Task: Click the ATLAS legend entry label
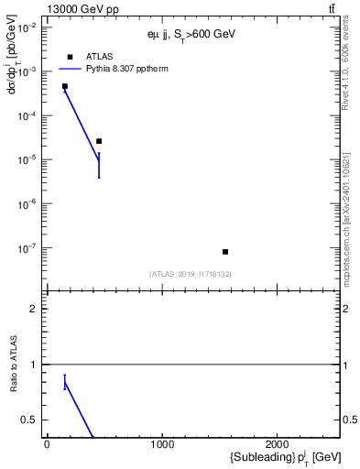point(99,57)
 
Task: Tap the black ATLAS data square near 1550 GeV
point(225,251)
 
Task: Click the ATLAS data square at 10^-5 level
point(99,141)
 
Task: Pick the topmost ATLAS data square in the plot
point(64,86)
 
